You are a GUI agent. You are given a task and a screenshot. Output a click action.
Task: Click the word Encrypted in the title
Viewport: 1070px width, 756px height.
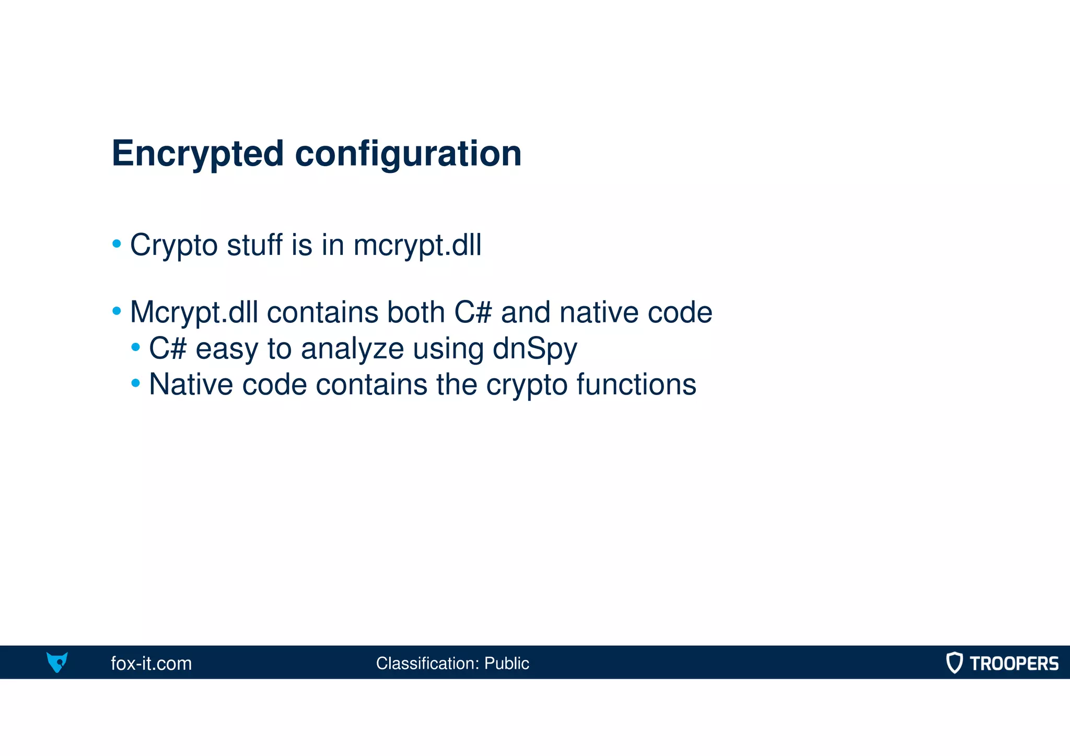click(197, 154)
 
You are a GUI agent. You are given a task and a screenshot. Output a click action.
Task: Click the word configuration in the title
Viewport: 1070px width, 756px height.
click(408, 154)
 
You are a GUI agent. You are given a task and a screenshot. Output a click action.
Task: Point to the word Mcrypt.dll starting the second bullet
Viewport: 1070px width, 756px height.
click(194, 312)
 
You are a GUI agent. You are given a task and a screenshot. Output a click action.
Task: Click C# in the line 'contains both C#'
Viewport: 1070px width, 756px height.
click(473, 312)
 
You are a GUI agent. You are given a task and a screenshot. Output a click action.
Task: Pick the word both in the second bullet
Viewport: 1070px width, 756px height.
click(415, 312)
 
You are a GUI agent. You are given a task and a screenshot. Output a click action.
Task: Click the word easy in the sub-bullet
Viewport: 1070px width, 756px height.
click(227, 349)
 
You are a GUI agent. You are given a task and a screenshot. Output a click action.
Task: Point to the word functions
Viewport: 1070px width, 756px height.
click(636, 385)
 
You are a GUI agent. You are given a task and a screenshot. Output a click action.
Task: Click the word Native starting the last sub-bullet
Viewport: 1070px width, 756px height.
click(191, 385)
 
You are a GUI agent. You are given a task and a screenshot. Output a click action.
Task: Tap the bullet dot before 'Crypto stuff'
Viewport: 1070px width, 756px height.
click(117, 244)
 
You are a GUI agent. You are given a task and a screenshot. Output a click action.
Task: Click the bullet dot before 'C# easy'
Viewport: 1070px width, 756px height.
click(136, 347)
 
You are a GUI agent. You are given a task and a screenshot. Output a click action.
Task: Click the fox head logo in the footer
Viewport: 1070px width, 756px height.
click(57, 662)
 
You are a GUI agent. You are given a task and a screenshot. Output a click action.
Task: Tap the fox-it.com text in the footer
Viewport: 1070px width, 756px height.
click(151, 663)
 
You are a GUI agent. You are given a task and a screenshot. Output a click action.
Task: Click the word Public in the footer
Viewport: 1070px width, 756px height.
click(506, 663)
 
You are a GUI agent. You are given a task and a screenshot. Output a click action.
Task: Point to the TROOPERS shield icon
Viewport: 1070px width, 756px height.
click(954, 662)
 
